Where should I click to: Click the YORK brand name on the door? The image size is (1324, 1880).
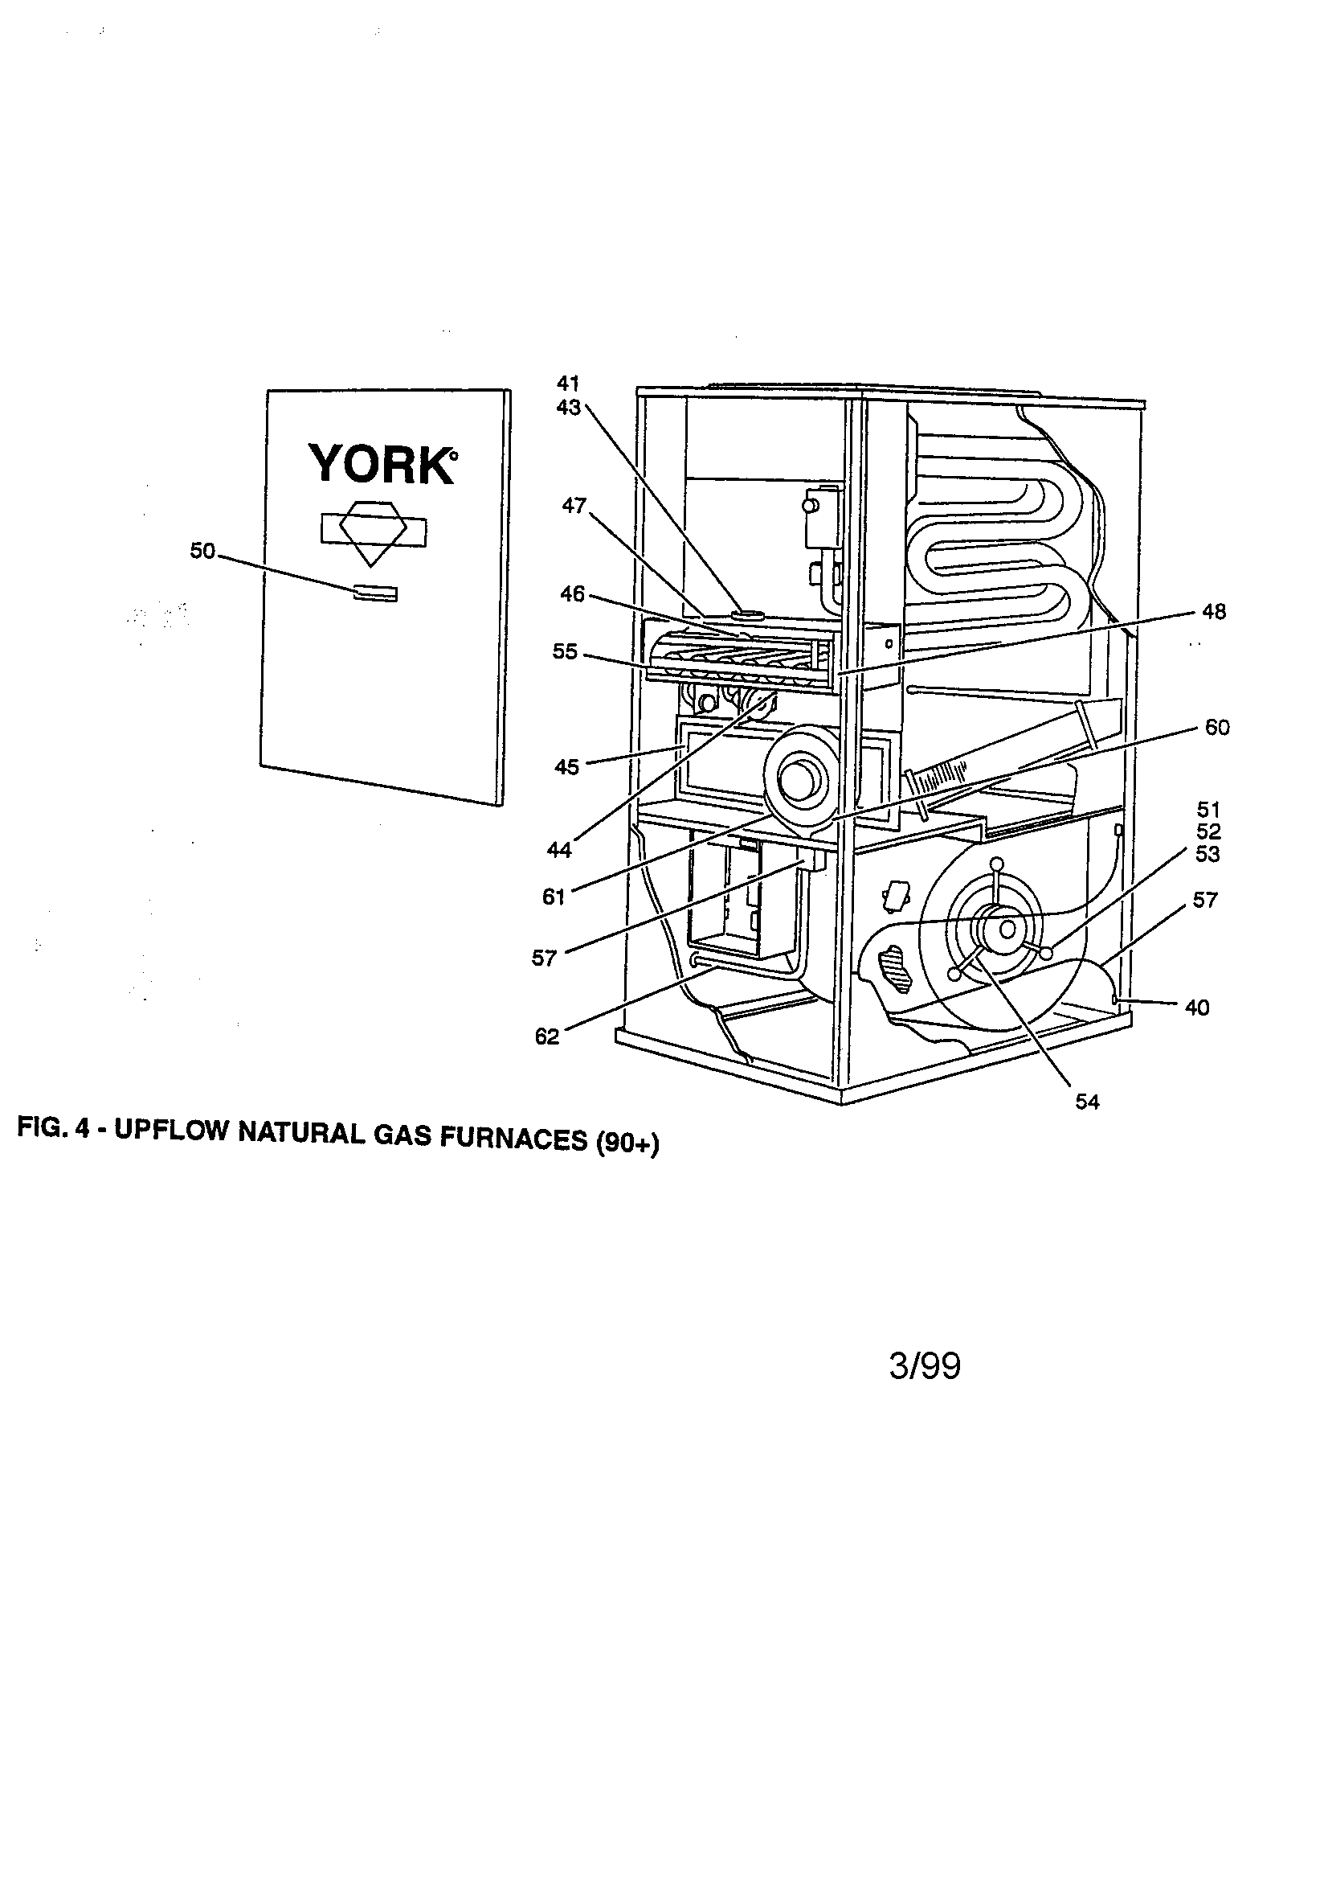[x=382, y=464]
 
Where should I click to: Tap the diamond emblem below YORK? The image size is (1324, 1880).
[x=373, y=532]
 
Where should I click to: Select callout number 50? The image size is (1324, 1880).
[x=202, y=552]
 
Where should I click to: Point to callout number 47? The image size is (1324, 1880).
[x=574, y=506]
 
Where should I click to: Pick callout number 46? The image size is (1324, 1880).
[x=572, y=593]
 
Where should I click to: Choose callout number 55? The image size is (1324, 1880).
[x=565, y=652]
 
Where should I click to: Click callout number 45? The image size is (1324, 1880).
[x=566, y=767]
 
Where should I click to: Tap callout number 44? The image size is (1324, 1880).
[x=559, y=851]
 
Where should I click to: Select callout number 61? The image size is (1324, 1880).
[x=554, y=897]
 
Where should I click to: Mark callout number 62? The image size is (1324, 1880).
[x=546, y=1036]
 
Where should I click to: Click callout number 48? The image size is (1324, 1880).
[x=1213, y=612]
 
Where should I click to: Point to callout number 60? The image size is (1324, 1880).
[x=1217, y=728]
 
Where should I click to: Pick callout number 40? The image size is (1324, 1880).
[x=1197, y=1008]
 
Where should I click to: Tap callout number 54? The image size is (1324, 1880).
[x=1087, y=1102]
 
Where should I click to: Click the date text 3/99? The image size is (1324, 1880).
[x=925, y=1367]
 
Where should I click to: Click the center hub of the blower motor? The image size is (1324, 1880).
[x=1007, y=929]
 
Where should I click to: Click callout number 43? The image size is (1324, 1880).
[x=568, y=407]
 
